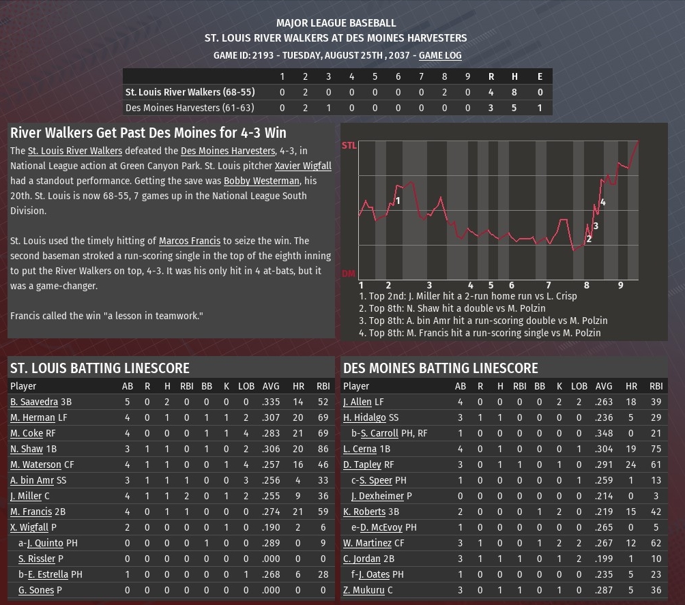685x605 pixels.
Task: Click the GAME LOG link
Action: pyautogui.click(x=440, y=55)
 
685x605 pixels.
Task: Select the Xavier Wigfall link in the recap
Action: pyautogui.click(x=303, y=166)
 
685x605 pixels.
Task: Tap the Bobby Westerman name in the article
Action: pyautogui.click(x=261, y=181)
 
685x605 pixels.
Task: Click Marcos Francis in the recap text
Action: pyautogui.click(x=190, y=241)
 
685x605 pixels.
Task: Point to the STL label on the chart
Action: pyautogui.click(x=349, y=145)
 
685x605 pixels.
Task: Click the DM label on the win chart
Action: pyautogui.click(x=348, y=274)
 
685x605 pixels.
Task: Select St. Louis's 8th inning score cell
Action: pyautogui.click(x=444, y=92)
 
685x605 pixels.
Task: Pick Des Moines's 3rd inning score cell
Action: pyautogui.click(x=328, y=108)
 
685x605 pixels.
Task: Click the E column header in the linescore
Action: pyautogui.click(x=540, y=76)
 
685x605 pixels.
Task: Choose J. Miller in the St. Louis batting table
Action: pyautogui.click(x=26, y=496)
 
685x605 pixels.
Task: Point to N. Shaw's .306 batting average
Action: pyautogui.click(x=271, y=449)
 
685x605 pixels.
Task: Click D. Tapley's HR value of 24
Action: pyautogui.click(x=631, y=464)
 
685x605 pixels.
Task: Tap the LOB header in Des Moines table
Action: pyautogui.click(x=579, y=386)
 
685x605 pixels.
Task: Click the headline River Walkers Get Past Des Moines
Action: pyautogui.click(x=148, y=132)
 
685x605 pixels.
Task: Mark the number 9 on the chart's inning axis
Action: pyautogui.click(x=620, y=285)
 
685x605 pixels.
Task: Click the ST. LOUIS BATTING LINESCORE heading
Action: pyautogui.click(x=100, y=368)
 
